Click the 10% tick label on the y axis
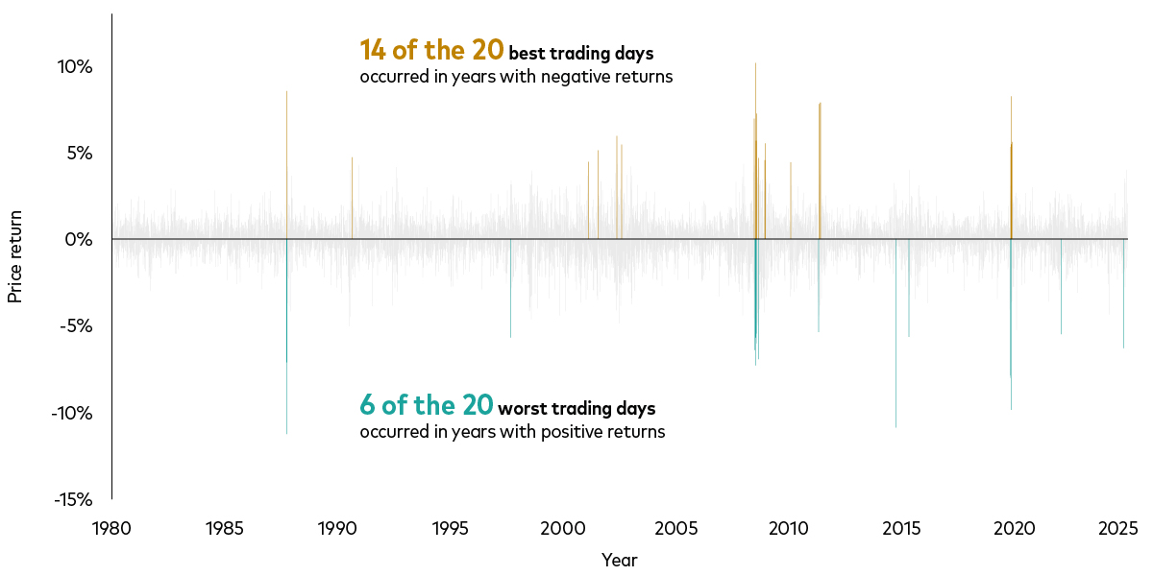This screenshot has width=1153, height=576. tap(73, 67)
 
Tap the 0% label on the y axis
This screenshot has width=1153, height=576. tap(77, 239)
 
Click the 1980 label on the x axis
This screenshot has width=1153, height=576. tap(111, 528)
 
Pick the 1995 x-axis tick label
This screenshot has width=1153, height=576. tap(450, 528)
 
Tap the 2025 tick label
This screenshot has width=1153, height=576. tap(1118, 528)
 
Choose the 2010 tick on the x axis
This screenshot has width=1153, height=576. tap(788, 528)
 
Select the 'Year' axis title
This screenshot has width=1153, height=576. tap(619, 560)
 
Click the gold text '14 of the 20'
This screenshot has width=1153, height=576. tap(431, 50)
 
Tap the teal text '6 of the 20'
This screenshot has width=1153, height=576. tap(427, 405)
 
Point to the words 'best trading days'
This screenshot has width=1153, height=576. tap(580, 54)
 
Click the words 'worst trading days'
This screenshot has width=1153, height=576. tap(576, 409)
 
